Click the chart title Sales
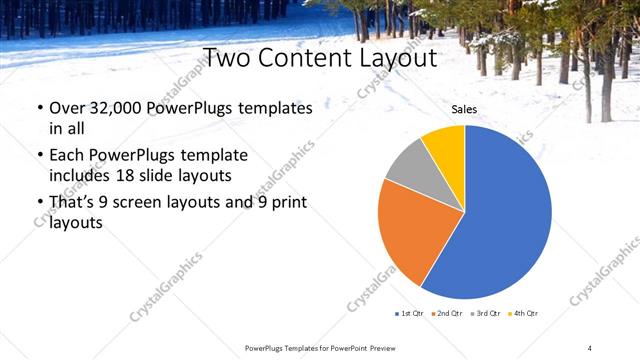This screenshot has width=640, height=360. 464,109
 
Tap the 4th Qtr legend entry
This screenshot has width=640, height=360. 525,314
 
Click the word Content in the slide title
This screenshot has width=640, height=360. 304,58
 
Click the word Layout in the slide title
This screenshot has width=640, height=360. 394,58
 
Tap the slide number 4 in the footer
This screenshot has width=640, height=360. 590,347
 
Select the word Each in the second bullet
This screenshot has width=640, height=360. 67,155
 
